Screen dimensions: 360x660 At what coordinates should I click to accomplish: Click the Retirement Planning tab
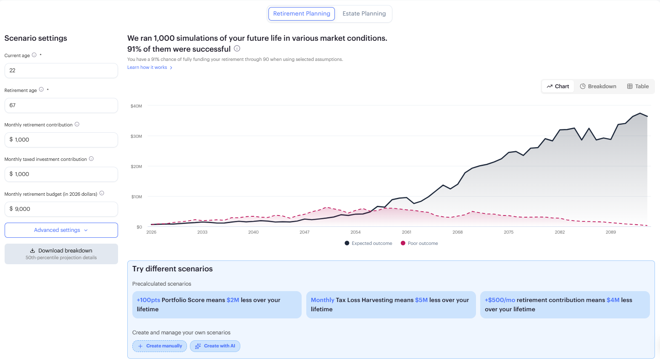301,14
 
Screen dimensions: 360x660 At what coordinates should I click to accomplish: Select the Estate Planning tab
364,14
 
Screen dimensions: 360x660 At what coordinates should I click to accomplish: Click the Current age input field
61,71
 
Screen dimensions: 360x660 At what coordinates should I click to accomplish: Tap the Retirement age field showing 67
61,105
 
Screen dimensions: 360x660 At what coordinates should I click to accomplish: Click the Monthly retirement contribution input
61,140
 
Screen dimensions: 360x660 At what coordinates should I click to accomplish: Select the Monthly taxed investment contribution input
61,174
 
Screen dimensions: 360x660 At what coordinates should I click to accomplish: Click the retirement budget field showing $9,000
61,209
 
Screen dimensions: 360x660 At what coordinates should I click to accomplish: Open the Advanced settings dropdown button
61,230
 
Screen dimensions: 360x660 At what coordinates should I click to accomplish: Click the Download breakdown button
61,254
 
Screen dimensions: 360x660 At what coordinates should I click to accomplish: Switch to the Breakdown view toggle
598,87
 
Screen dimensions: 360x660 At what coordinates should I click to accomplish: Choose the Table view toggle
638,87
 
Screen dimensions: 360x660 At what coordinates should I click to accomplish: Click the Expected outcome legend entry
368,243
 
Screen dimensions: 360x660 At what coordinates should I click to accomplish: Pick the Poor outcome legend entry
419,243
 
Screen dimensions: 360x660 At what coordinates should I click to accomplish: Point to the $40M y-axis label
136,106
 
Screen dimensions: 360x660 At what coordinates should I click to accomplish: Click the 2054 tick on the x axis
355,232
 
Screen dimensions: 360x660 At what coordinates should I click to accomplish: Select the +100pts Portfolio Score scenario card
217,305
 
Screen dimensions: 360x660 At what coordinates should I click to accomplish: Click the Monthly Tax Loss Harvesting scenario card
391,305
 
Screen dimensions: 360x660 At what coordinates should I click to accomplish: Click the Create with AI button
215,346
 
